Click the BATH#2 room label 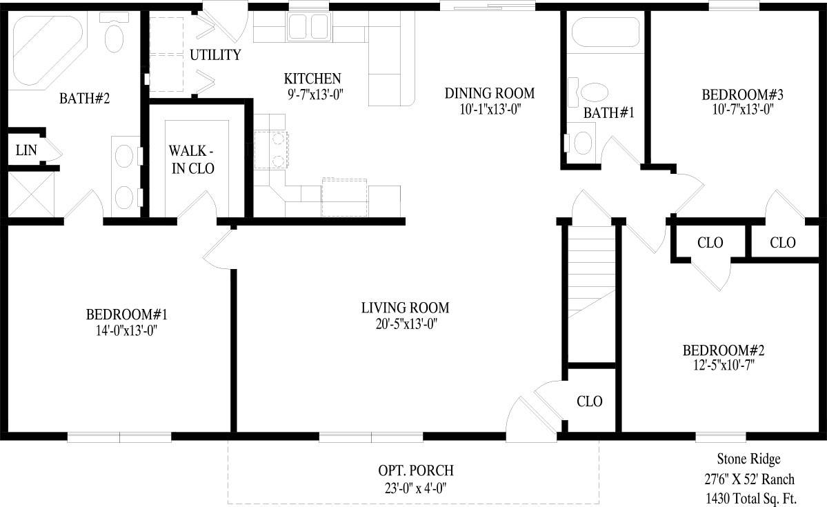84,99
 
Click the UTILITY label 215,55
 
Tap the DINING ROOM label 489,93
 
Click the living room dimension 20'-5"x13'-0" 405,323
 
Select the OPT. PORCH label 415,471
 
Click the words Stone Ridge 749,459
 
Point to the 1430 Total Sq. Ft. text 750,497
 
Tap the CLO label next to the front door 590,401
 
